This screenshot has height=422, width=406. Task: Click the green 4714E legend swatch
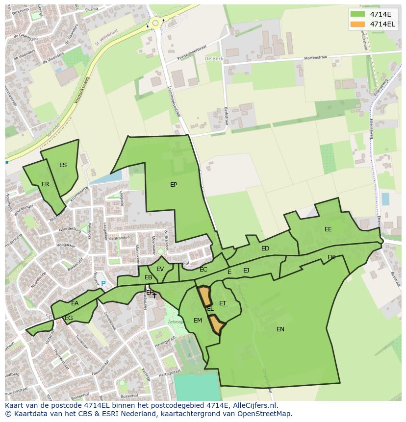pyautogui.click(x=358, y=14)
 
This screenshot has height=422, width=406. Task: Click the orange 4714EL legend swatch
pyautogui.click(x=358, y=24)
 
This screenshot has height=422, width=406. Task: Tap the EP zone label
pyautogui.click(x=174, y=185)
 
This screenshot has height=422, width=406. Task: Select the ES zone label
pyautogui.click(x=63, y=165)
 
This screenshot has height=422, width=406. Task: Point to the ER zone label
pyautogui.click(x=46, y=184)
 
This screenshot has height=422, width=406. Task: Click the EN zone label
pyautogui.click(x=280, y=329)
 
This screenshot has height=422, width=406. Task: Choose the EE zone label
pyautogui.click(x=328, y=229)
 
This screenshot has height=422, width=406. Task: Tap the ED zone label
pyautogui.click(x=265, y=248)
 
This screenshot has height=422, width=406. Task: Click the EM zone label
pyautogui.click(x=198, y=321)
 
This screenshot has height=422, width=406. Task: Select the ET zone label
pyautogui.click(x=223, y=303)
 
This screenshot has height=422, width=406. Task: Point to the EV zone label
pyautogui.click(x=160, y=269)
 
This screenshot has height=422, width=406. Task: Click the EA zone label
pyautogui.click(x=75, y=303)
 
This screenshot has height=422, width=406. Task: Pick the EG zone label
pyautogui.click(x=69, y=318)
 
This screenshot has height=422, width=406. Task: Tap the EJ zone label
pyautogui.click(x=246, y=270)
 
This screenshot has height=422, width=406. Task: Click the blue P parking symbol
pyautogui.click(x=103, y=283)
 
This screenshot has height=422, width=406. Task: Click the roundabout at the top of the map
pyautogui.click(x=156, y=23)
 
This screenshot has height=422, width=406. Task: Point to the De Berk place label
pyautogui.click(x=213, y=58)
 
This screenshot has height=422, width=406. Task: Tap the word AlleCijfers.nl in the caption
pyautogui.click(x=255, y=406)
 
